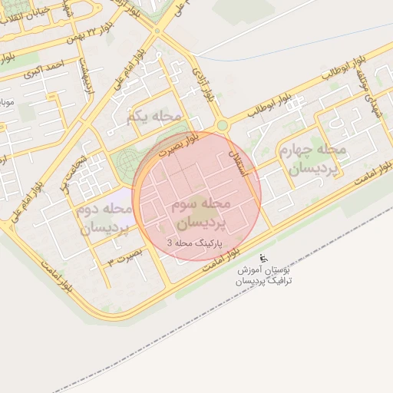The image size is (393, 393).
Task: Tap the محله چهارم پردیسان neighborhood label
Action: [313, 158]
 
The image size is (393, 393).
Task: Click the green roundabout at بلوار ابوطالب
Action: [223, 125]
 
